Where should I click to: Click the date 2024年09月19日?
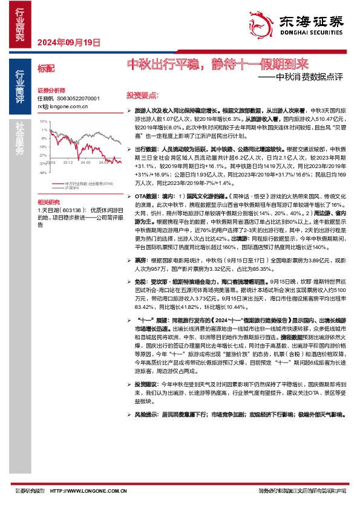tap(67, 42)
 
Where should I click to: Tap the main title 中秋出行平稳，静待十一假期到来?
tap(217, 63)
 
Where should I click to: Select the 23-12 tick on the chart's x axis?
tap(67, 162)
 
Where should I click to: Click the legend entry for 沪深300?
tap(74, 188)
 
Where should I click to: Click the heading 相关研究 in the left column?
tap(48, 201)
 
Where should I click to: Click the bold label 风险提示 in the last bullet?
tap(146, 432)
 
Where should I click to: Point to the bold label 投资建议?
tap(146, 401)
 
